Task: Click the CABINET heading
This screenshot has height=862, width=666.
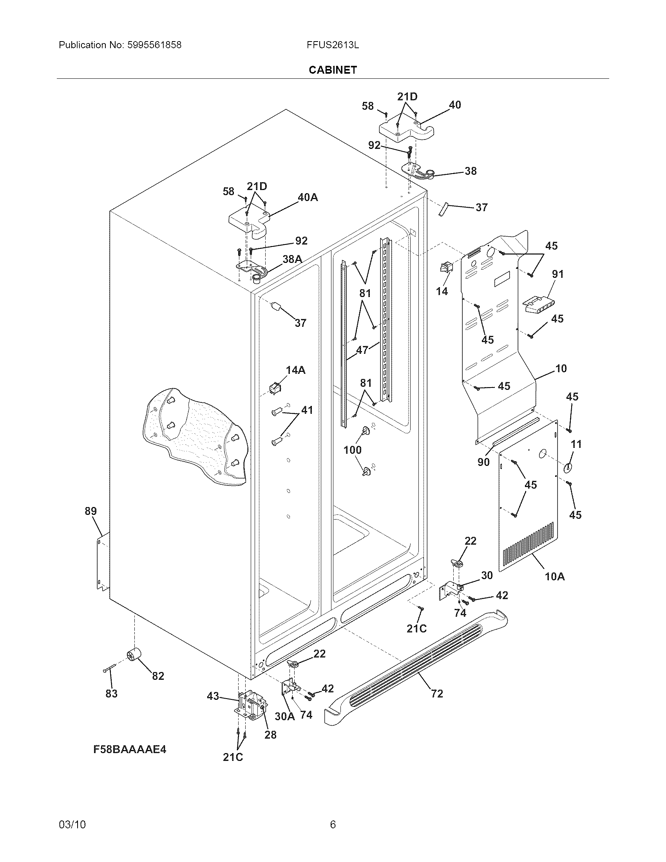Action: [x=333, y=70]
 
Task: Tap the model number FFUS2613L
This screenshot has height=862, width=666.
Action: [x=333, y=45]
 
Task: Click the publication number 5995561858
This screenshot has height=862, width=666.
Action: [x=154, y=45]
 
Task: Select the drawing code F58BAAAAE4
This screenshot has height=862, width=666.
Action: [x=130, y=749]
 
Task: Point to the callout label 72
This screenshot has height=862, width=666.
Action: [x=437, y=694]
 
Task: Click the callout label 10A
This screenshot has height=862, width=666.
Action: [x=554, y=577]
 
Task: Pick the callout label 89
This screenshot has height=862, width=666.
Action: [x=90, y=511]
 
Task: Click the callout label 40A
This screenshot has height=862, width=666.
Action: [x=308, y=197]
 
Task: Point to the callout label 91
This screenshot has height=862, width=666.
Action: [x=557, y=274]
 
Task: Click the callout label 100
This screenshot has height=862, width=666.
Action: [x=352, y=449]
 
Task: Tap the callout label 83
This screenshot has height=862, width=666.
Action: [x=111, y=694]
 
